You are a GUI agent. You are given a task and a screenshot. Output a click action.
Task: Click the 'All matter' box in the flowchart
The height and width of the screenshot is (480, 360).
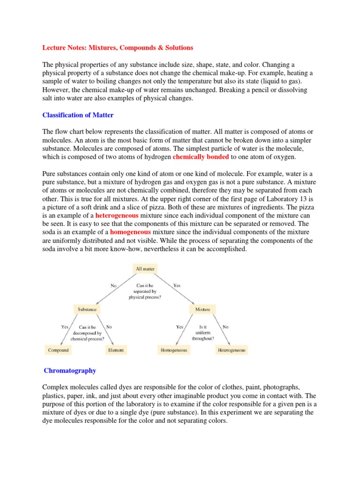pyautogui.click(x=145, y=269)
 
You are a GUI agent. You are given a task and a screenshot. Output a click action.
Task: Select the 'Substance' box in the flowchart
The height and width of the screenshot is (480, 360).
pyautogui.click(x=87, y=309)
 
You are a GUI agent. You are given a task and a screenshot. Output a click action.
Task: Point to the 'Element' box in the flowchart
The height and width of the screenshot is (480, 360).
pyautogui.click(x=116, y=350)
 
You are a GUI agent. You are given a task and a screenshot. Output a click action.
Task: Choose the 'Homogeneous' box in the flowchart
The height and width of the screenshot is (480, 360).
pyautogui.click(x=174, y=350)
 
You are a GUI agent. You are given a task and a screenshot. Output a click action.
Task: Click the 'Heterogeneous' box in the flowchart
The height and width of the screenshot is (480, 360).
pyautogui.click(x=232, y=350)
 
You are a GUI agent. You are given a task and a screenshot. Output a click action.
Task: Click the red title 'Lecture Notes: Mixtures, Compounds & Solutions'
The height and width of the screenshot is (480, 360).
pyautogui.click(x=118, y=48)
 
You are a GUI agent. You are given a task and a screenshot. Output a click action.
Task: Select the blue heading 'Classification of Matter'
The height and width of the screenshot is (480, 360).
pyautogui.click(x=78, y=115)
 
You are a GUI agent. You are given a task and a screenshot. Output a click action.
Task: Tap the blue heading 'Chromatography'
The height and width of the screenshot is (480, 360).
pyautogui.click(x=70, y=371)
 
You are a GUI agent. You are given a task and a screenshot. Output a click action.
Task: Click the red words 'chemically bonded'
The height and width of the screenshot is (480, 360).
pyautogui.click(x=201, y=157)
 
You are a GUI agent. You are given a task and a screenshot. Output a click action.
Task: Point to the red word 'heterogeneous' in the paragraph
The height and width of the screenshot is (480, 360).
pyautogui.click(x=117, y=216)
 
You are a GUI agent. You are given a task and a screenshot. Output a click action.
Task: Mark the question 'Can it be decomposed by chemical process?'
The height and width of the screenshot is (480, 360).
pyautogui.click(x=87, y=332)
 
